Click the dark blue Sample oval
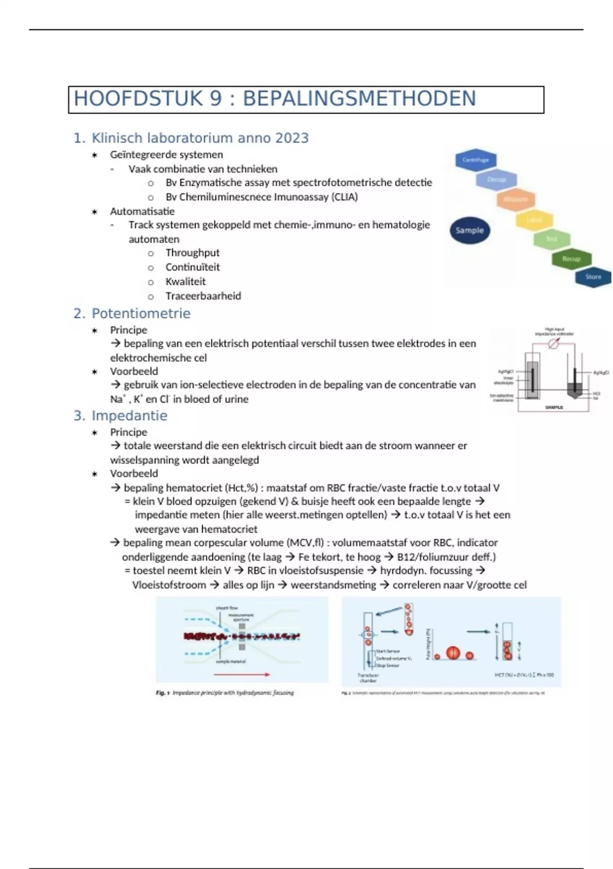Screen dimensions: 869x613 pyautogui.click(x=469, y=230)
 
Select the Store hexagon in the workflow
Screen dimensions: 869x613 pyautogui.click(x=593, y=277)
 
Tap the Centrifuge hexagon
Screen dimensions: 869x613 pyautogui.click(x=476, y=160)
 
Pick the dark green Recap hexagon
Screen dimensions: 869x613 pyautogui.click(x=571, y=259)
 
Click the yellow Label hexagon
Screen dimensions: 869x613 pyautogui.click(x=534, y=220)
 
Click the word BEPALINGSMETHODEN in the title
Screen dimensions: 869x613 pyautogui.click(x=359, y=99)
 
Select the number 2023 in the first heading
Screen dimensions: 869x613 pyautogui.click(x=292, y=138)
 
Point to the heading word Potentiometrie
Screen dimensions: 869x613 pyautogui.click(x=140, y=313)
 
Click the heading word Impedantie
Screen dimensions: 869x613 pyautogui.click(x=129, y=416)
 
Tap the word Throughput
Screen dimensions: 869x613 pyautogui.click(x=192, y=253)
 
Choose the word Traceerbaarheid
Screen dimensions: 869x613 pyautogui.click(x=203, y=296)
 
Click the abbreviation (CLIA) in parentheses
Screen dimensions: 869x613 pyautogui.click(x=344, y=197)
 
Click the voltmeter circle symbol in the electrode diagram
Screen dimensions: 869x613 pyautogui.click(x=551, y=345)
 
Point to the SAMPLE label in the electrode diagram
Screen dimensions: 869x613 pyautogui.click(x=554, y=407)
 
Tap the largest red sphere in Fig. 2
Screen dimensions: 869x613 pyautogui.click(x=453, y=653)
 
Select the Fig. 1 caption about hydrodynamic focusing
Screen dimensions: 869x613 pyautogui.click(x=225, y=693)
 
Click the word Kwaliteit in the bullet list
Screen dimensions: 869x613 pyautogui.click(x=185, y=282)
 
